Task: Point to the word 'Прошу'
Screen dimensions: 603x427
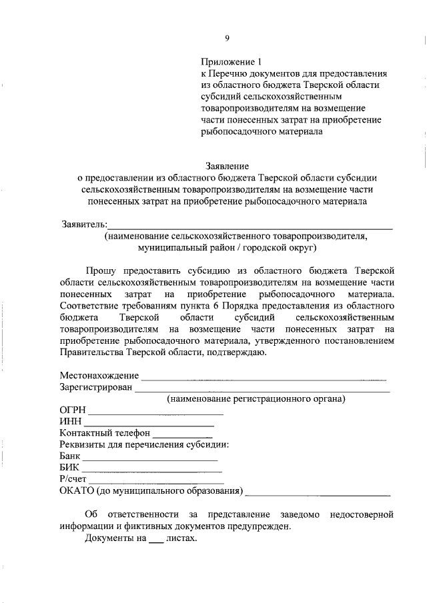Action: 102,269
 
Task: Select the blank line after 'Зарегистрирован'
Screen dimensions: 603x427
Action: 262,390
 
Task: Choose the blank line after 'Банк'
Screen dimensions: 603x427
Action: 150,460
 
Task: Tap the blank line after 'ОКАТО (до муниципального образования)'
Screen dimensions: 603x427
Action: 318,494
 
